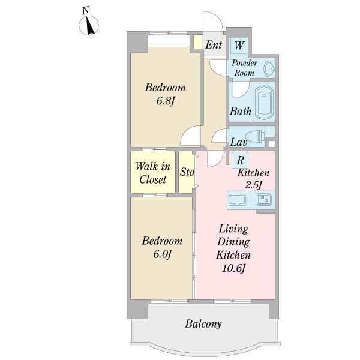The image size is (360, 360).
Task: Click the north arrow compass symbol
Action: pyautogui.click(x=89, y=25)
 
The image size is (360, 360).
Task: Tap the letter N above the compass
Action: pyautogui.click(x=86, y=11)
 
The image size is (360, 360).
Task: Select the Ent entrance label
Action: pyautogui.click(x=214, y=45)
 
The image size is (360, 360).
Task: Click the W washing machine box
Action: pyautogui.click(x=239, y=46)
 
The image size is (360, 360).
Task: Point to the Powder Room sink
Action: pyautogui.click(x=269, y=68)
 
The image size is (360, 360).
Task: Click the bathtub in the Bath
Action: pyautogui.click(x=264, y=103)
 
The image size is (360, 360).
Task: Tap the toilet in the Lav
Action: pyautogui.click(x=256, y=137)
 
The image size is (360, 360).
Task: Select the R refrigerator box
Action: pyautogui.click(x=240, y=160)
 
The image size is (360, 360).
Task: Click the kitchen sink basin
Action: pyautogui.click(x=238, y=200)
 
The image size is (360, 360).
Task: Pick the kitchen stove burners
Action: pyautogui.click(x=264, y=199)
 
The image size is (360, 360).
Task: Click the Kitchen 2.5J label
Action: pyautogui.click(x=253, y=179)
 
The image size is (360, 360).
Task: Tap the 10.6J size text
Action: pyautogui.click(x=234, y=268)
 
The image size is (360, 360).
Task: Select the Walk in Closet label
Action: pyautogui.click(x=152, y=173)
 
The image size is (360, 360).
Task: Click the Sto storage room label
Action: pyautogui.click(x=187, y=172)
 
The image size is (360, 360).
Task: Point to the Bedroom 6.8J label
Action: pyautogui.click(x=166, y=94)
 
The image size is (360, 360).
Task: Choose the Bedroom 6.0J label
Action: pyautogui.click(x=163, y=247)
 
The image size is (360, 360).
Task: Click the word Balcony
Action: pyautogui.click(x=203, y=324)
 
